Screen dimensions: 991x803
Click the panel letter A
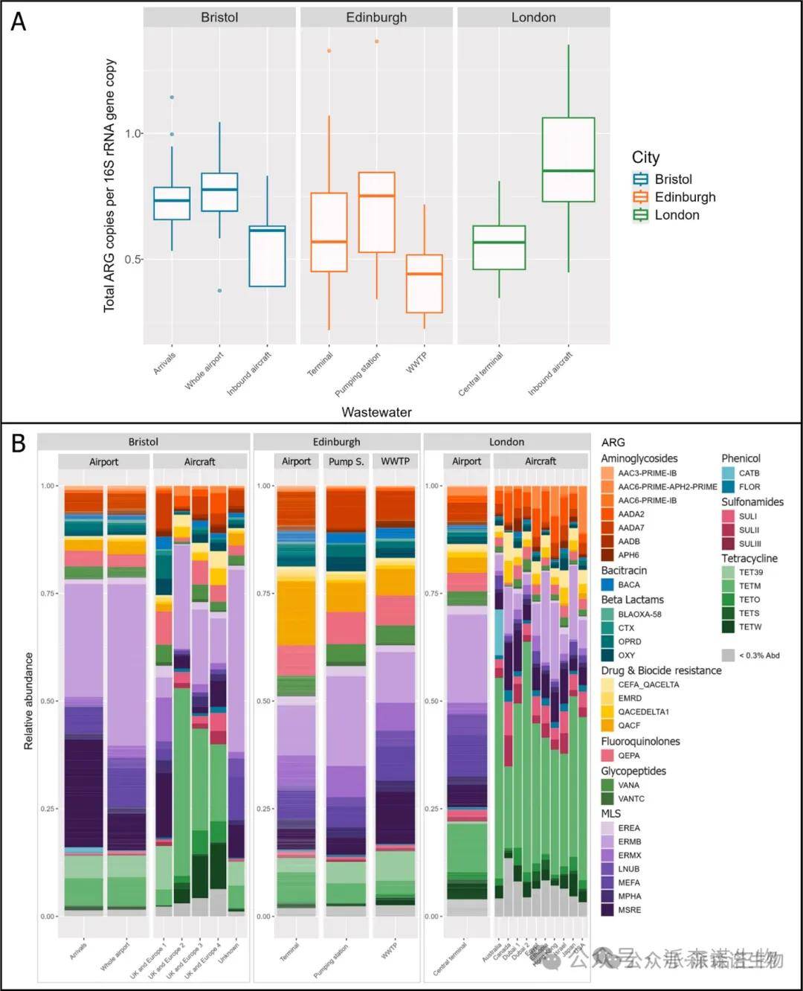(x=19, y=22)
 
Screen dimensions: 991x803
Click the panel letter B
(x=19, y=443)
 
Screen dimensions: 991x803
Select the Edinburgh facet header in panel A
(x=376, y=17)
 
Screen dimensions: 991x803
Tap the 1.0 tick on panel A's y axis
(x=134, y=134)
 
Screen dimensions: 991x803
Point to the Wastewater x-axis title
(x=376, y=412)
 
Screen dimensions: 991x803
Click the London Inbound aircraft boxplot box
(x=568, y=159)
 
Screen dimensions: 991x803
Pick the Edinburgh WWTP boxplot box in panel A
(x=425, y=283)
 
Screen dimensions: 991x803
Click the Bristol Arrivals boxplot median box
(x=172, y=203)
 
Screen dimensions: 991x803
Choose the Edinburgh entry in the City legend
(x=685, y=197)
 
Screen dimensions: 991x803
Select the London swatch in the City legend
(x=640, y=215)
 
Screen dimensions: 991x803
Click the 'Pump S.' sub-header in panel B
(x=346, y=461)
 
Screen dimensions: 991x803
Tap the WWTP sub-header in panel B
(x=396, y=461)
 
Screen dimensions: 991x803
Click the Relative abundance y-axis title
(x=29, y=701)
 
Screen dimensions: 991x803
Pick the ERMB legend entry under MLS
(x=629, y=841)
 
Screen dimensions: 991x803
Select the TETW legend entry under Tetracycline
(x=750, y=627)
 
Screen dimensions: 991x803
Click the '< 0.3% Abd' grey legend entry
(x=759, y=655)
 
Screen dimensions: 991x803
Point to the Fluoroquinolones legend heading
(x=640, y=741)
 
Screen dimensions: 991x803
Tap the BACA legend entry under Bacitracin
(x=628, y=585)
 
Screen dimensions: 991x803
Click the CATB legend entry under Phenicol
(x=749, y=473)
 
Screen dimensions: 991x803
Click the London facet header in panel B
(x=506, y=442)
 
